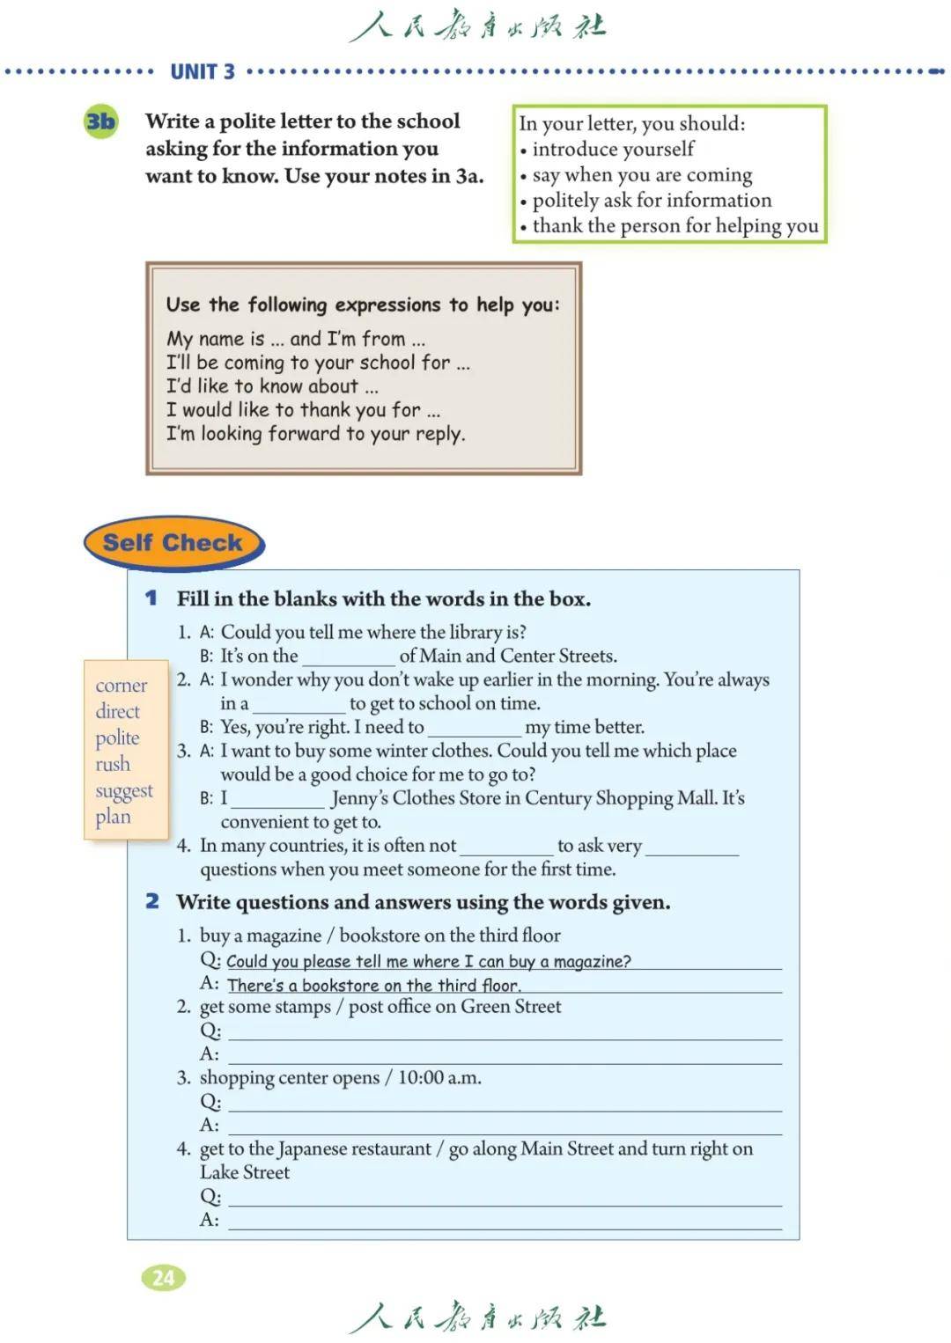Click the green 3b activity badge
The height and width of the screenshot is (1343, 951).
(x=100, y=121)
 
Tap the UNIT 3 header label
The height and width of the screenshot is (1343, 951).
(x=203, y=72)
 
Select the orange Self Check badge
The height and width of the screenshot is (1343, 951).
(x=173, y=543)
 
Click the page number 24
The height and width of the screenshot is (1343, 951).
(x=163, y=1277)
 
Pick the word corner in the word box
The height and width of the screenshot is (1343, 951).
(x=122, y=686)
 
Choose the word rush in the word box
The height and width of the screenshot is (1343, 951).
(x=113, y=764)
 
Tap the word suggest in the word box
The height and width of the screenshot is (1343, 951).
(x=124, y=791)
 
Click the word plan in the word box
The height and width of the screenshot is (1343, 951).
(x=113, y=817)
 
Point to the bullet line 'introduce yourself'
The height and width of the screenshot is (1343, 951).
(x=613, y=149)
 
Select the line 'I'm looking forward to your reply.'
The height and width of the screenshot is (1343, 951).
(x=315, y=434)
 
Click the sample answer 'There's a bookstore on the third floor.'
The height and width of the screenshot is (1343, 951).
(x=373, y=986)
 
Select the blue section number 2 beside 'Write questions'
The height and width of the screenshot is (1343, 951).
(x=152, y=901)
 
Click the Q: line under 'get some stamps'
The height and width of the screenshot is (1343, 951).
(x=505, y=1031)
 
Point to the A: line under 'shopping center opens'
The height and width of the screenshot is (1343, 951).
(x=505, y=1127)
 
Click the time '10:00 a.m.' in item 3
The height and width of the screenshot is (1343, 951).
(x=439, y=1078)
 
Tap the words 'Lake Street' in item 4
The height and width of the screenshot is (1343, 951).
(x=245, y=1172)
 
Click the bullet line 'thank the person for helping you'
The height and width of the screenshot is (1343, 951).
(x=675, y=226)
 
